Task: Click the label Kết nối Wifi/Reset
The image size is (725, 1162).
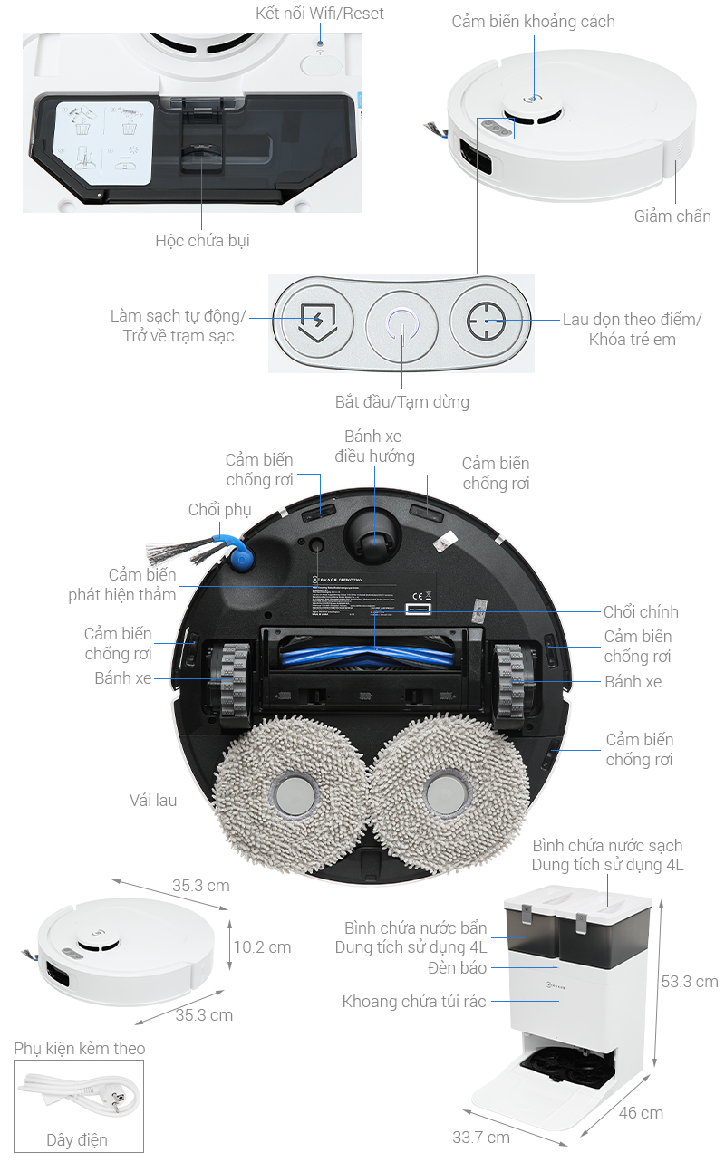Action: pos(319,13)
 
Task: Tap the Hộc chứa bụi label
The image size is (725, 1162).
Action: pos(202,240)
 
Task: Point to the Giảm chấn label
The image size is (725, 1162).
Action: pos(672,216)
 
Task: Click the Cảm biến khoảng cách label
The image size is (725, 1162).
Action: pos(533,21)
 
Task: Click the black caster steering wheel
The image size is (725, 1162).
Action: pos(370,536)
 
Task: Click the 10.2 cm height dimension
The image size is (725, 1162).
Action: pos(262,946)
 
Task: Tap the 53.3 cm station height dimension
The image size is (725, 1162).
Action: pos(689,981)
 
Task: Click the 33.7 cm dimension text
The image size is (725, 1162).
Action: pos(480,1137)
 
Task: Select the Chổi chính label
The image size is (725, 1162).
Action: pos(641,611)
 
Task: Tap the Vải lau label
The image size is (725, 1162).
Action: pos(153,800)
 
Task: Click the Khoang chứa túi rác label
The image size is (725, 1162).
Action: pos(414,1001)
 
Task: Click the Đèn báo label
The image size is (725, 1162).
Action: pos(458,968)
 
